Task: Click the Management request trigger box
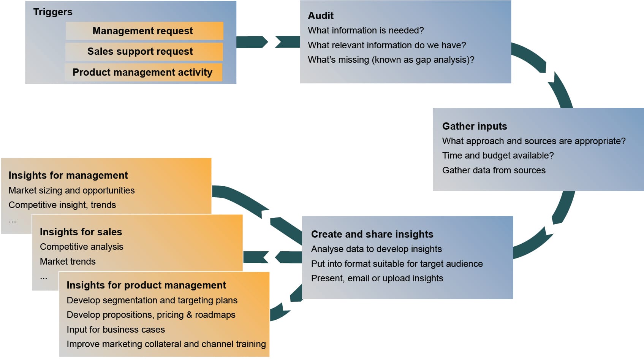pyautogui.click(x=144, y=31)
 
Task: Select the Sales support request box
pyautogui.click(x=144, y=51)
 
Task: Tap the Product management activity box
pyautogui.click(x=143, y=72)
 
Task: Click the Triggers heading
pyautogui.click(x=53, y=12)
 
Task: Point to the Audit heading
pyautogui.click(x=321, y=16)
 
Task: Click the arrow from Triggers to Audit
pyautogui.click(x=268, y=42)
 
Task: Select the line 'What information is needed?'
pyautogui.click(x=366, y=30)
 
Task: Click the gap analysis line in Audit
pyautogui.click(x=391, y=60)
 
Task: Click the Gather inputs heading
pyautogui.click(x=475, y=126)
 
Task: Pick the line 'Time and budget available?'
pyautogui.click(x=498, y=155)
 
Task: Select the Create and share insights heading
pyautogui.click(x=372, y=234)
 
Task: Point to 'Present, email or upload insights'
pyautogui.click(x=377, y=278)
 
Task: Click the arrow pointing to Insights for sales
pyautogui.click(x=272, y=257)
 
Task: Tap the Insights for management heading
pyautogui.click(x=68, y=175)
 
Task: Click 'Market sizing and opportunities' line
pyautogui.click(x=71, y=190)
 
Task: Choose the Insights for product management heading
pyautogui.click(x=146, y=285)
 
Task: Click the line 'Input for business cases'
pyautogui.click(x=116, y=330)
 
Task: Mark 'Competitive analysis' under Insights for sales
pyautogui.click(x=81, y=247)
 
